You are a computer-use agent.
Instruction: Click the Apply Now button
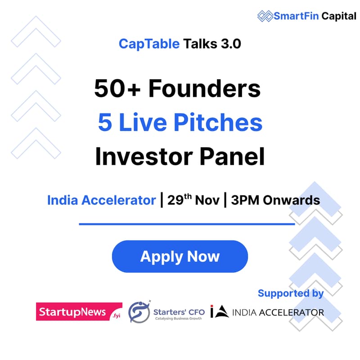coord(180,256)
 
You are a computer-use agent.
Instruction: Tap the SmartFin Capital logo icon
coord(265,16)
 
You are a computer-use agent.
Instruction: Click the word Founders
coord(205,89)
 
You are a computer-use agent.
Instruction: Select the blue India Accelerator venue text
coord(101,200)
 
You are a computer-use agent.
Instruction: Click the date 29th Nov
coord(193,200)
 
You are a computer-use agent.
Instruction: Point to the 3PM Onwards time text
coord(275,200)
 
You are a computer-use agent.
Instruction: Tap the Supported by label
coord(290,293)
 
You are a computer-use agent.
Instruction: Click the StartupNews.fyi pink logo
coord(79,311)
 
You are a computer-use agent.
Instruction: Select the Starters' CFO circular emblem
coord(138,311)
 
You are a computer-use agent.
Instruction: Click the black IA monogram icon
coord(220,312)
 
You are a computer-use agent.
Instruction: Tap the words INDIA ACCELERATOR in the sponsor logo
coord(278,312)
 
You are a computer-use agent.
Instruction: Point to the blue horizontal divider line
coord(187,224)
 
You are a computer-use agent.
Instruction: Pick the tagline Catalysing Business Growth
coord(179,318)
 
